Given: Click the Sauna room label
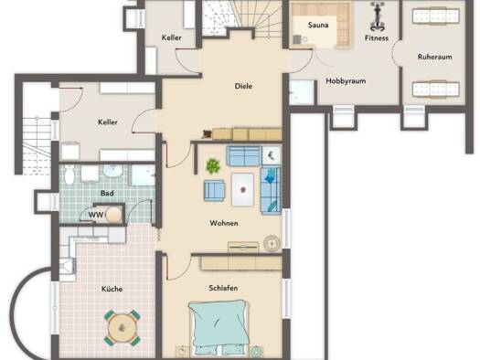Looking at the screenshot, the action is click(318, 25).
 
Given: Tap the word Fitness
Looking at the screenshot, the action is click(377, 38).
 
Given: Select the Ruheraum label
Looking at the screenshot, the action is click(434, 57).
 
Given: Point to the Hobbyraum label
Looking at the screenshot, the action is click(346, 81).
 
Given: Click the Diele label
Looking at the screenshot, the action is click(243, 86).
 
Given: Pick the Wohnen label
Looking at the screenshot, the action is click(224, 223).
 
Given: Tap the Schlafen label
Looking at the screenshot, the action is click(223, 288).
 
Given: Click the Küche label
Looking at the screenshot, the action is click(112, 289).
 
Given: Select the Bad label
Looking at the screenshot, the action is click(107, 194).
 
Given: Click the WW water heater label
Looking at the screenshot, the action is click(96, 215).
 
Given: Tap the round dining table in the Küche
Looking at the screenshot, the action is click(123, 328).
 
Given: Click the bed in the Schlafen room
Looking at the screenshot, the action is click(219, 328).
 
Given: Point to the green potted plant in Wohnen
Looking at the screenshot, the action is click(213, 166).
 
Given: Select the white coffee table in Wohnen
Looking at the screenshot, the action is click(243, 190).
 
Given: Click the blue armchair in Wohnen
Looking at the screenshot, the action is click(214, 191).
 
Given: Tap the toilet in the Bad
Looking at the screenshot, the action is click(69, 175).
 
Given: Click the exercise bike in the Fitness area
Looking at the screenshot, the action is click(377, 16).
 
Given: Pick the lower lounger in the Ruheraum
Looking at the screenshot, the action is click(435, 90).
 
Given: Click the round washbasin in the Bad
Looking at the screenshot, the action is click(112, 171).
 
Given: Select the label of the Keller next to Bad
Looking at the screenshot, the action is click(108, 122).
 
